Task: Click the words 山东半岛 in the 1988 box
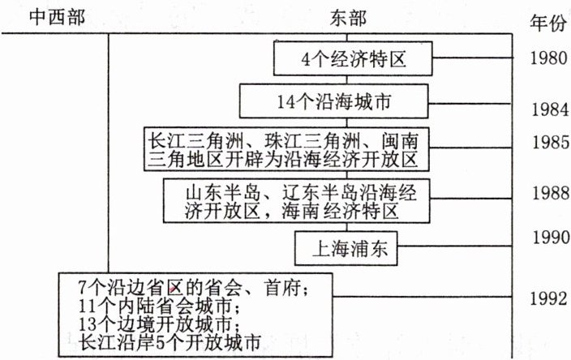216,194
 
